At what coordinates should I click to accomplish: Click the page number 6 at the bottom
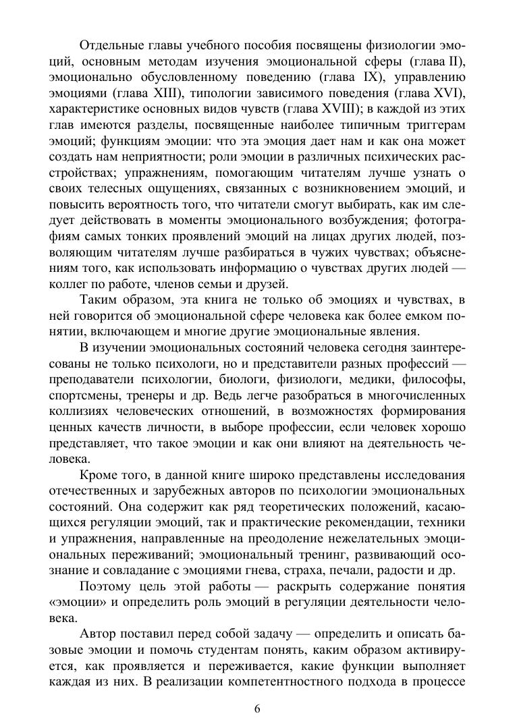(x=257, y=708)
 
